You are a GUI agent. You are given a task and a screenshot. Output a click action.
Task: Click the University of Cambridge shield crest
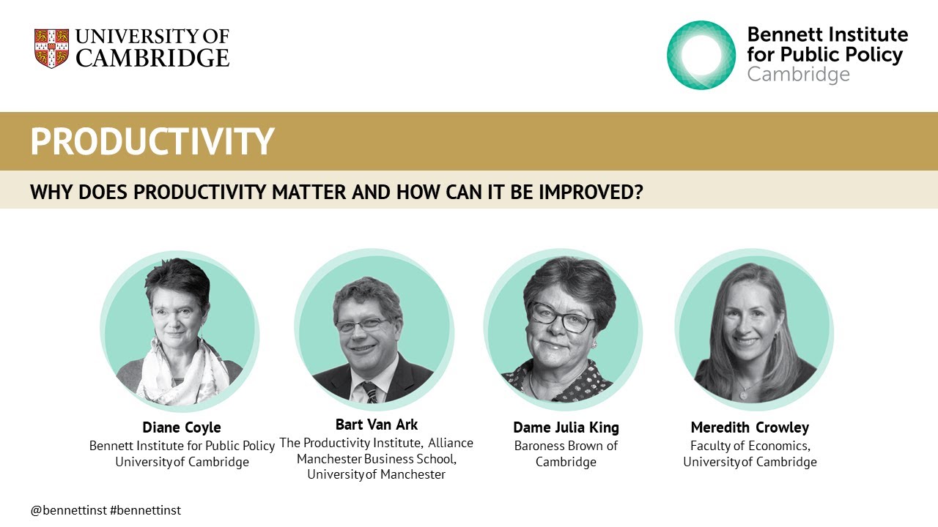point(51,48)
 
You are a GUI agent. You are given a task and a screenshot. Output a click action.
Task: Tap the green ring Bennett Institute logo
point(701,55)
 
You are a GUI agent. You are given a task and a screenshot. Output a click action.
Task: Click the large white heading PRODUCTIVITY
point(152,142)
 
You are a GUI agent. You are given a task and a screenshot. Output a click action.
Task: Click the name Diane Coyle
point(182,427)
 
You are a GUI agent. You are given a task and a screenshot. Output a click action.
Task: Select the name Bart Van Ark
point(377,425)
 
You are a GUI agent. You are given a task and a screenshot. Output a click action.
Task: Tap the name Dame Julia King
point(566,427)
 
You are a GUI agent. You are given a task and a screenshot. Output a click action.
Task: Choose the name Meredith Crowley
point(750,427)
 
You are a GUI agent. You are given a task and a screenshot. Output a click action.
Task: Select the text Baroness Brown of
point(566,446)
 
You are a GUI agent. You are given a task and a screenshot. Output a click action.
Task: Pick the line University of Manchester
point(376,474)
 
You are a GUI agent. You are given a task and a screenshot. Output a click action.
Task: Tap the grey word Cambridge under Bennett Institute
point(798,75)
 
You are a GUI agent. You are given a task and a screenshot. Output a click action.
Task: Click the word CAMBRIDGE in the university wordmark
point(152,59)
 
